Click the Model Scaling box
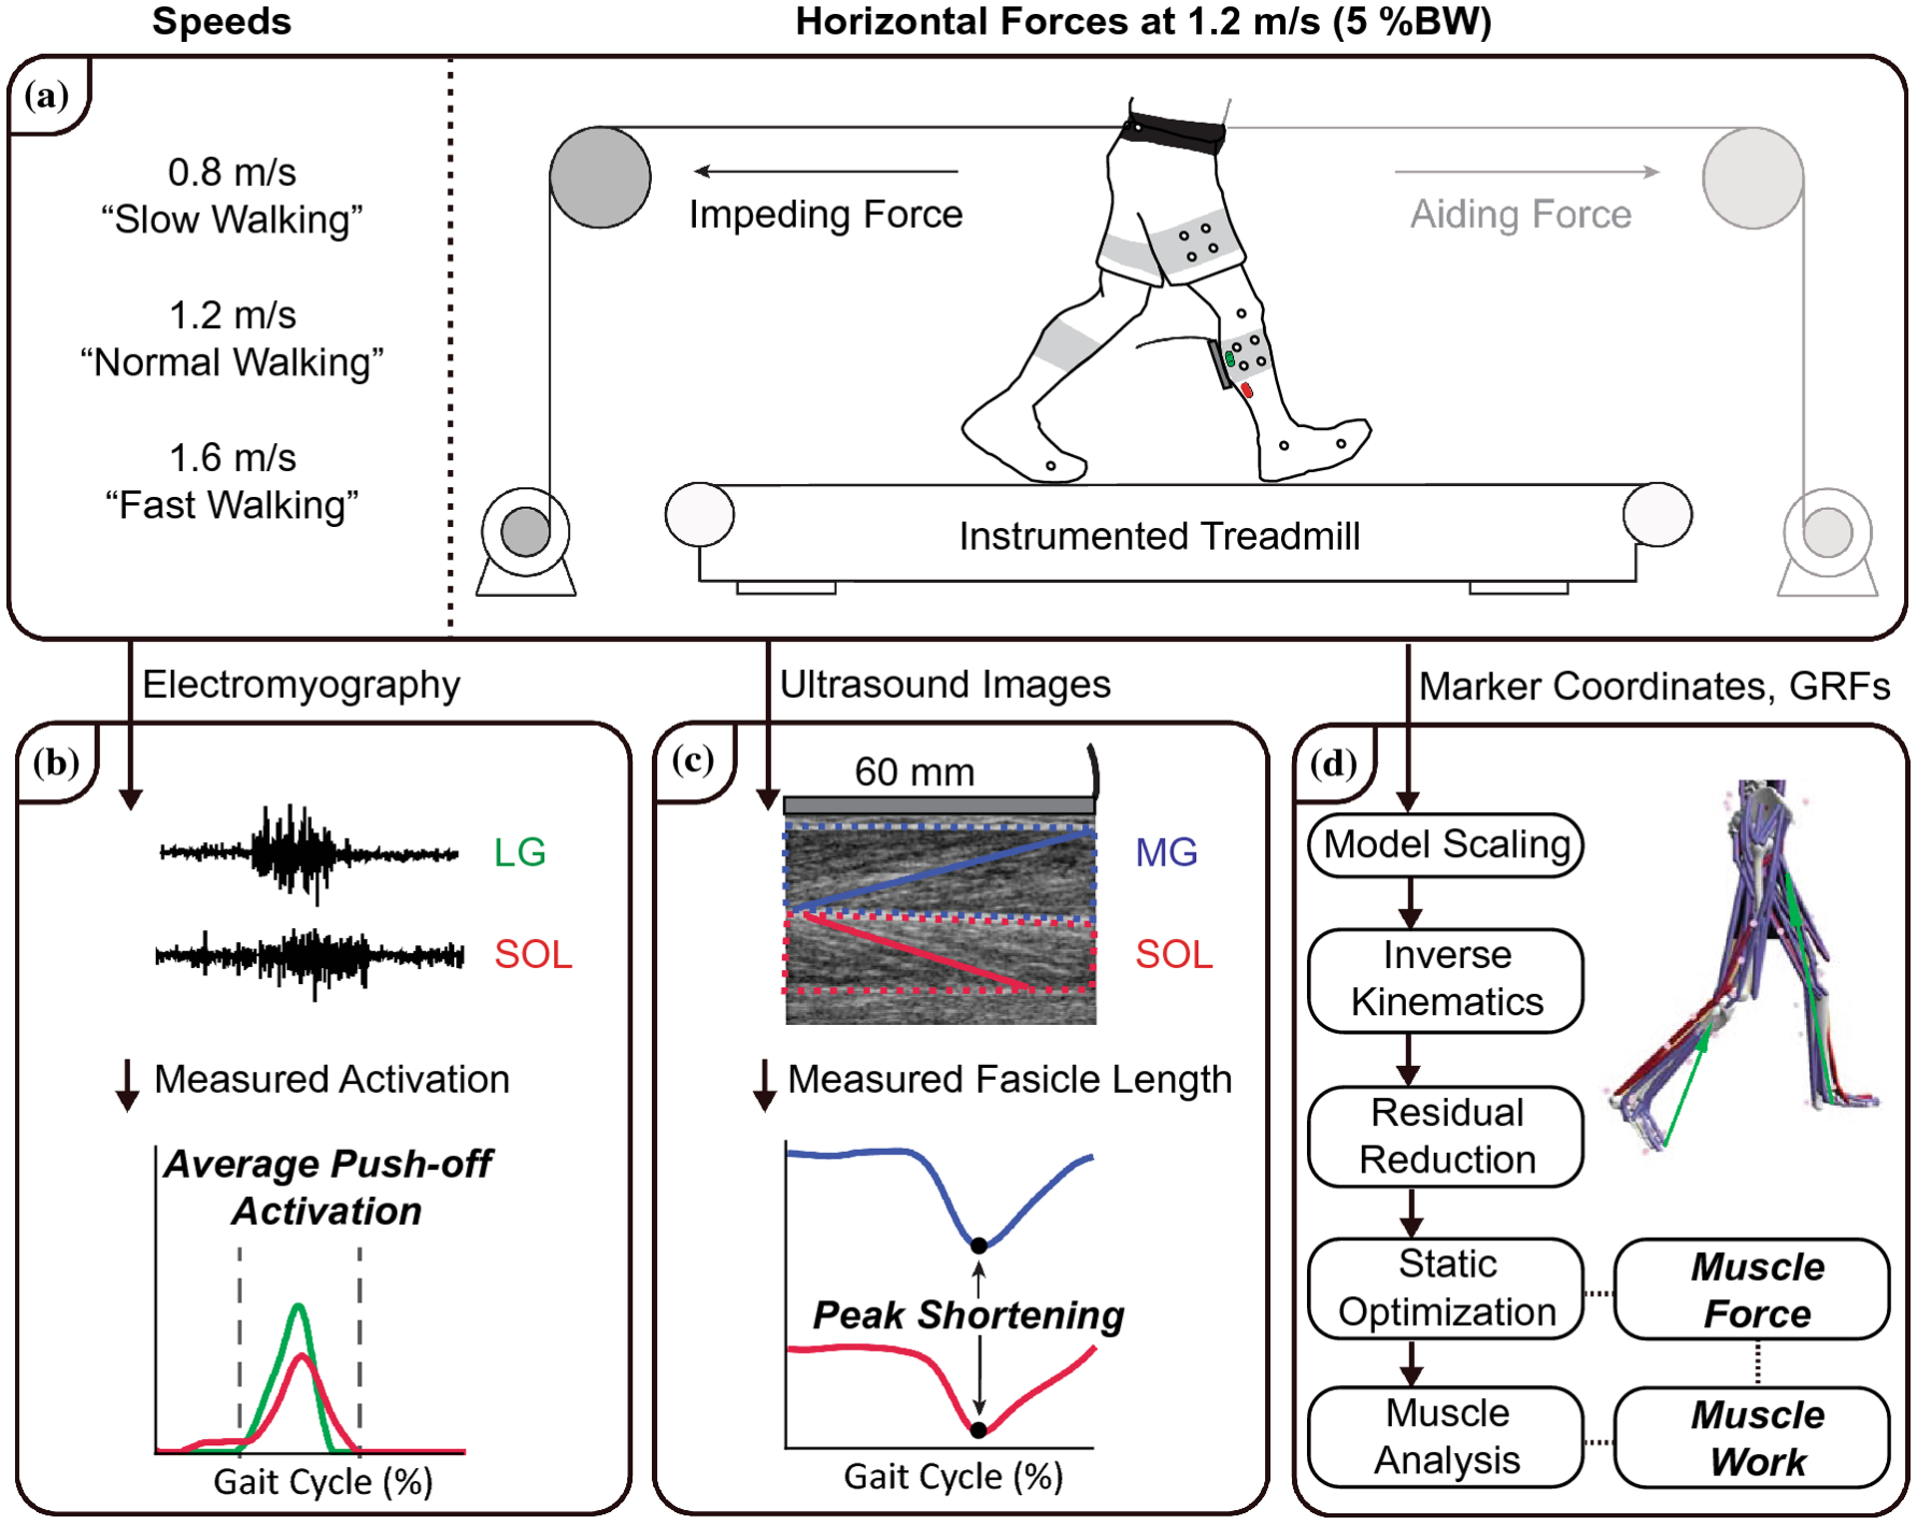coord(1445,845)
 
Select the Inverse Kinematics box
coord(1445,979)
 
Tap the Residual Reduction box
coord(1445,1136)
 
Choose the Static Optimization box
coord(1445,1287)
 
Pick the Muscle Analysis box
coord(1445,1436)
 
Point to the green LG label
coord(519,852)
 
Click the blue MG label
coord(1165,852)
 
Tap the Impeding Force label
coord(825,215)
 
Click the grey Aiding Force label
coord(1520,215)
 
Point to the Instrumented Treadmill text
coord(1158,536)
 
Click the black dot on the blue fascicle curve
coord(978,1245)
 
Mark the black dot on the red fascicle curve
coord(978,1429)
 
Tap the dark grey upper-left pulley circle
coord(600,177)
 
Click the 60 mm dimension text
coord(914,771)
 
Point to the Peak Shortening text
coord(967,1315)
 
